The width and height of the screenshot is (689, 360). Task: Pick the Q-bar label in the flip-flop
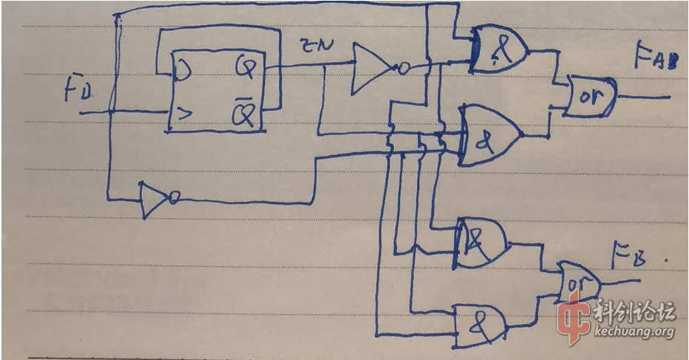(245, 113)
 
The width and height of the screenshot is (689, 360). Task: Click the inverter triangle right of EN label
(371, 69)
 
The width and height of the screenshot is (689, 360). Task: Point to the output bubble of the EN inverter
(404, 69)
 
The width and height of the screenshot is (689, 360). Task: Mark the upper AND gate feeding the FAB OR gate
(500, 51)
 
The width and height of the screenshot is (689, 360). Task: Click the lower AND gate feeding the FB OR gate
(480, 321)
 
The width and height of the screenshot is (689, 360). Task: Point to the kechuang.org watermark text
(634, 332)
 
